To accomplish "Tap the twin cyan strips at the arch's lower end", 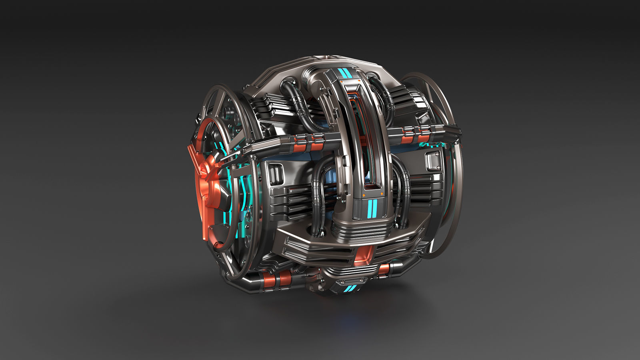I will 372,207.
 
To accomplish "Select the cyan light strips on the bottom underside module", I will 349,288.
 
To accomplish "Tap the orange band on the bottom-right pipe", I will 384,270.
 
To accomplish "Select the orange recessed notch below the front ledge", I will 364,256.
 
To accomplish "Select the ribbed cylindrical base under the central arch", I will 360,230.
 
